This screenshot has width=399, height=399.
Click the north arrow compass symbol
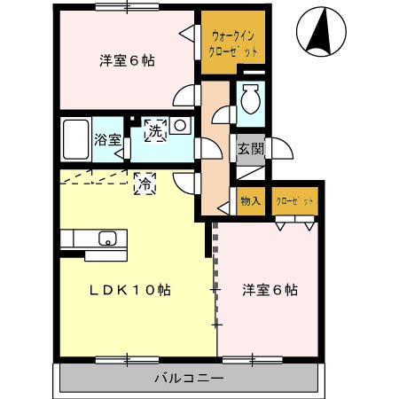[321, 32]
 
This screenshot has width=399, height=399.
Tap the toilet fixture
[250, 98]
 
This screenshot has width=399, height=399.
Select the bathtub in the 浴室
[76, 139]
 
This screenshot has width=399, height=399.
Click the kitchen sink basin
[107, 239]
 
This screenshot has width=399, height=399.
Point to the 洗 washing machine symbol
[155, 130]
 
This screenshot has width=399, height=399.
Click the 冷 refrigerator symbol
[145, 184]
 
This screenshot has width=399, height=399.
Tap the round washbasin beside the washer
[180, 125]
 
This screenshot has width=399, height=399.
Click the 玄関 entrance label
[251, 148]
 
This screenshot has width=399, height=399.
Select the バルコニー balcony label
[190, 379]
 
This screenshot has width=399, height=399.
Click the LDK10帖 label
[130, 290]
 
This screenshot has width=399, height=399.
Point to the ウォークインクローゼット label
[233, 44]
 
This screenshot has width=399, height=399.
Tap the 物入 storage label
[251, 201]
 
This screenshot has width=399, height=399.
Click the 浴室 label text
[107, 139]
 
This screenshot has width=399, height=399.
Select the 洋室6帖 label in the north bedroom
[127, 60]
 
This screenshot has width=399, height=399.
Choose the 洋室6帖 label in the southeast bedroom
[270, 290]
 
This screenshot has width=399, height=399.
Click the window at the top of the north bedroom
[127, 6]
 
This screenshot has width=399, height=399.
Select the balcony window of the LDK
[127, 360]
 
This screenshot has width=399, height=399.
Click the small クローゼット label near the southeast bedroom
[294, 201]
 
